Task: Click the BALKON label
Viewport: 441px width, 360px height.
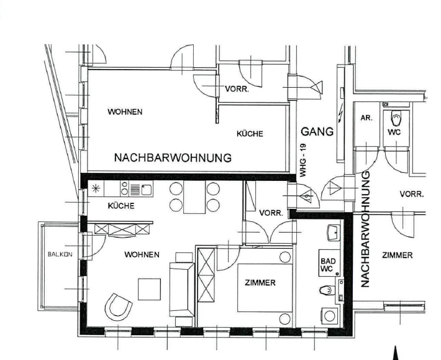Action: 60,254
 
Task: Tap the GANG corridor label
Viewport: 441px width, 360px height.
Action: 317,132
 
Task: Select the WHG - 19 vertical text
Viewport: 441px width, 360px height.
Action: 302,160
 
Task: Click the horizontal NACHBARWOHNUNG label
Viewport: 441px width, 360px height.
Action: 173,158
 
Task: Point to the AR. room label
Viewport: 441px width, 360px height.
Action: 366,118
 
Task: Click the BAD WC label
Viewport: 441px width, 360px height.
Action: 328,265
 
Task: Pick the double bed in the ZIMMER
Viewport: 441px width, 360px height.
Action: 265,288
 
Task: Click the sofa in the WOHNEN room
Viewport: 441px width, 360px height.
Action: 182,289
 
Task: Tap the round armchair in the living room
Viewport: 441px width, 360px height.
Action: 118,307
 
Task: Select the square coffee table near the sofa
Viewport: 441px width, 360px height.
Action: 149,289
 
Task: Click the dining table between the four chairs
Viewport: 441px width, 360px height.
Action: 194,196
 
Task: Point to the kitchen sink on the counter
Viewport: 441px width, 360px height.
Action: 147,190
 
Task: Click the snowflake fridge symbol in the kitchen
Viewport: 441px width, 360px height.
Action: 96,188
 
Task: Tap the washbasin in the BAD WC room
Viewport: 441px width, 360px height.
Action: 334,233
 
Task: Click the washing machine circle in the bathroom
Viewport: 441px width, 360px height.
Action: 330,316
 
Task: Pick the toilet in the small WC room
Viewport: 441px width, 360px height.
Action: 396,119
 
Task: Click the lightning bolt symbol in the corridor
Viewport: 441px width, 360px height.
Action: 340,113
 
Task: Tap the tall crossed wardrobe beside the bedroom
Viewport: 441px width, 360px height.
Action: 206,275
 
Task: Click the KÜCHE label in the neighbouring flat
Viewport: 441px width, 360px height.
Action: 250,134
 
